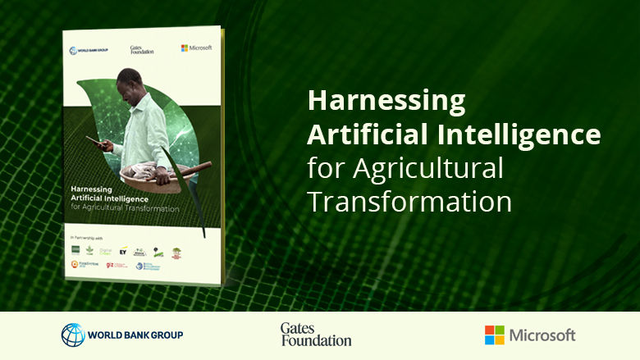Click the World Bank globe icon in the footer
pyautogui.click(x=73, y=335)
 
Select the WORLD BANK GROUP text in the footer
pyautogui.click(x=135, y=335)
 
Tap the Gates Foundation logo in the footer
pyautogui.click(x=315, y=334)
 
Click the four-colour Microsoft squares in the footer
pyautogui.click(x=495, y=335)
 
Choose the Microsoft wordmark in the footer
pyautogui.click(x=542, y=335)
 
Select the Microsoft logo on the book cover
pyautogui.click(x=196, y=48)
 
